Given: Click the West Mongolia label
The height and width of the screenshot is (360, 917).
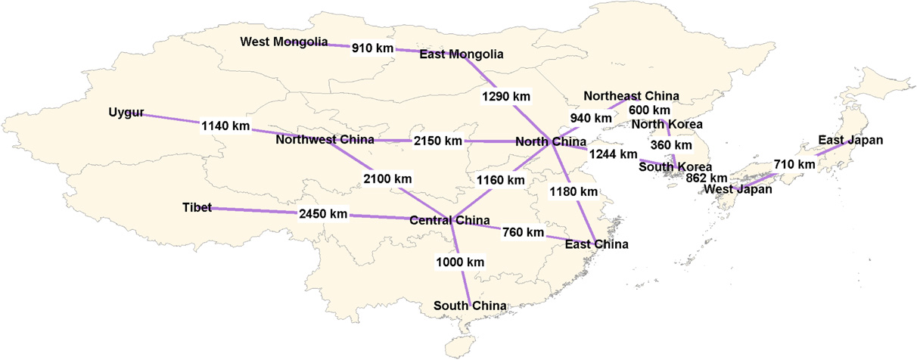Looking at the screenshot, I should (x=284, y=42).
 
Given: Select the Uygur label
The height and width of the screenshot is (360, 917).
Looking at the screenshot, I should (x=126, y=113).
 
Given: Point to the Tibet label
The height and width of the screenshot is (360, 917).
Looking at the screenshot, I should (x=197, y=207).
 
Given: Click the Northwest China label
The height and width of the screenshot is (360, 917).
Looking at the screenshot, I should (x=325, y=140).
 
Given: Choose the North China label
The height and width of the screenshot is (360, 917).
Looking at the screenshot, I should (x=551, y=141).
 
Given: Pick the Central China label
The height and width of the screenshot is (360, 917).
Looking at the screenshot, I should (x=449, y=221).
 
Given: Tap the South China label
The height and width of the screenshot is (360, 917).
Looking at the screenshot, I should (x=470, y=306).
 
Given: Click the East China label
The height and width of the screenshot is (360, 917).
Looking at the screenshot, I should (x=596, y=244).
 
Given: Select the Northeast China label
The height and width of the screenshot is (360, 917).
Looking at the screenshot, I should (x=631, y=96).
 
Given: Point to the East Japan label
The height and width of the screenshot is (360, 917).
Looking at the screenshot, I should (x=850, y=140).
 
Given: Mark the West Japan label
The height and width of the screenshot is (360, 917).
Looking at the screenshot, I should (x=738, y=190).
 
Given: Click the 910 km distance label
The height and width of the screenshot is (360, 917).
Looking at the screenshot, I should (x=373, y=48).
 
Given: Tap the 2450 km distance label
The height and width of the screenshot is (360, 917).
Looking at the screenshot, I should (x=323, y=214).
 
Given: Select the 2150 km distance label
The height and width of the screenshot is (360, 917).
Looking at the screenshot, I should (x=437, y=141).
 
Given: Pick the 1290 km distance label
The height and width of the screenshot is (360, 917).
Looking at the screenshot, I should (x=506, y=97).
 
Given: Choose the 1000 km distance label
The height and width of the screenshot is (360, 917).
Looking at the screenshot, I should (x=460, y=262).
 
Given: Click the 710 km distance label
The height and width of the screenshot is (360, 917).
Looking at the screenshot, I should (x=794, y=164).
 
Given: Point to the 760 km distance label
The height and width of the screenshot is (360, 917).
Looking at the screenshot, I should (x=523, y=232).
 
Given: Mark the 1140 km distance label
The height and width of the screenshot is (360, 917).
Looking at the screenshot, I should (x=225, y=126).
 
